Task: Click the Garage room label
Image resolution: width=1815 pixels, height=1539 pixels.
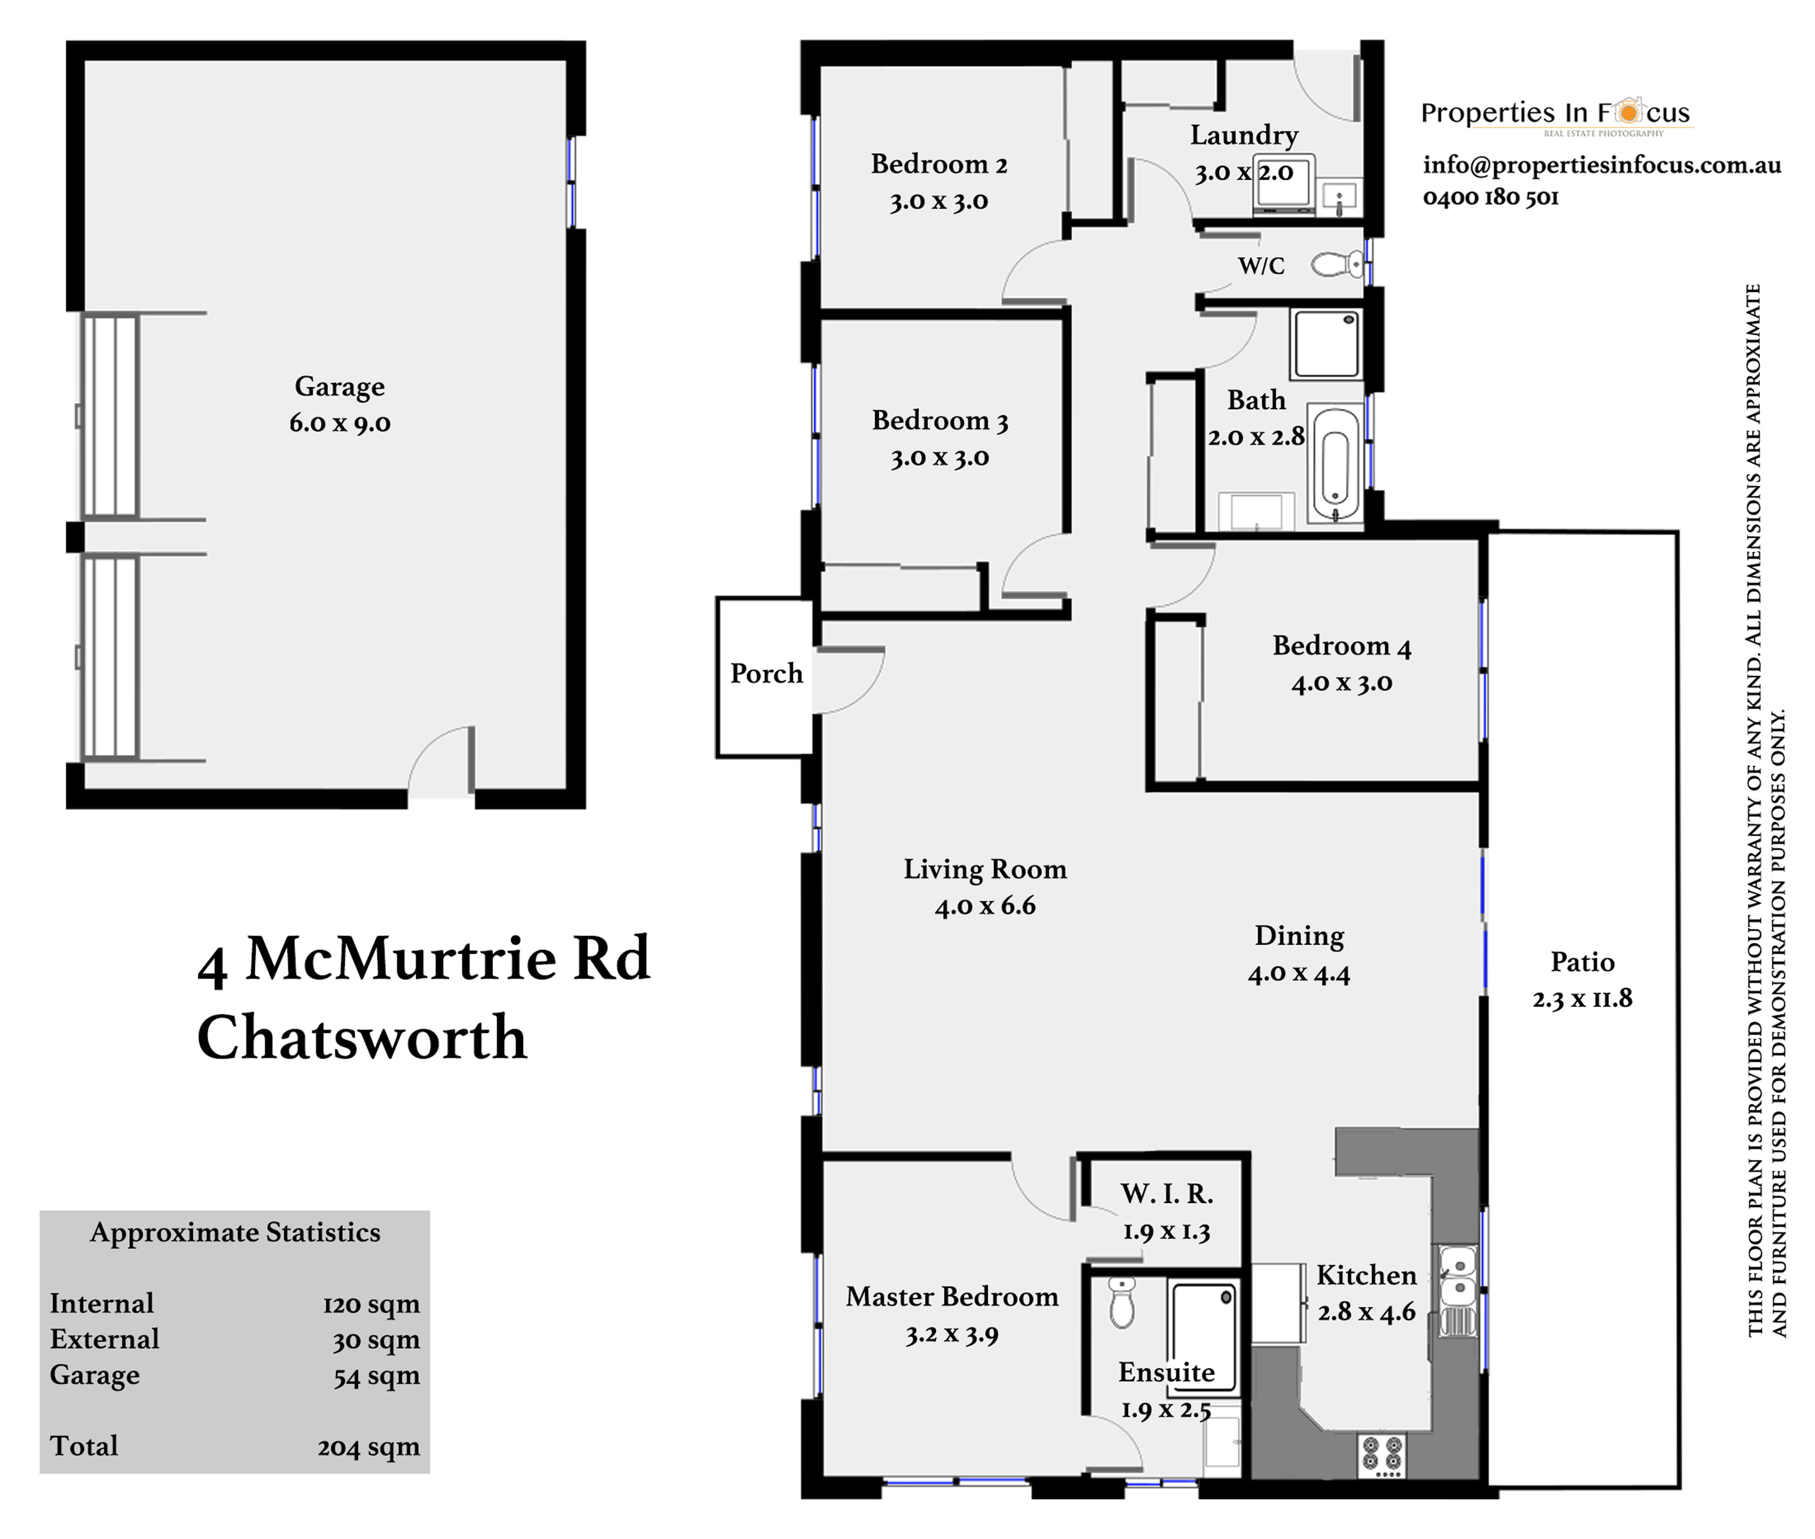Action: [339, 386]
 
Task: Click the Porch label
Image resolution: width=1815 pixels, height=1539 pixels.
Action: [766, 674]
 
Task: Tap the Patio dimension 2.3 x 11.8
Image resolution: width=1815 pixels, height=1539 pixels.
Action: [1582, 998]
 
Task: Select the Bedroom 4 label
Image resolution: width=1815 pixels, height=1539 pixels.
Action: [1341, 646]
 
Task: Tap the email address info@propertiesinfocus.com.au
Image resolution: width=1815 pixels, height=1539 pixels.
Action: [1601, 165]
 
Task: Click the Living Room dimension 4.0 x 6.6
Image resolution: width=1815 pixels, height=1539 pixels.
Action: [985, 906]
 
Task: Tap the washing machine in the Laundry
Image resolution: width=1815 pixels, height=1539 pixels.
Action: [1283, 185]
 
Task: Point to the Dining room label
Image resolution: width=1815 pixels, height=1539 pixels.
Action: [1299, 935]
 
